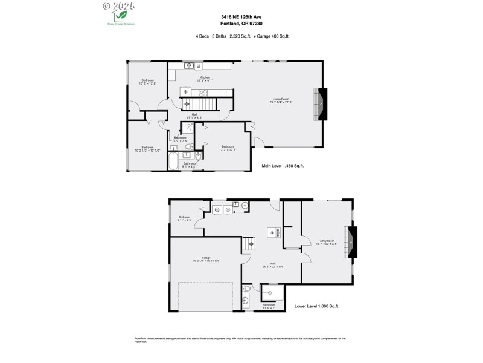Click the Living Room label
[281, 100]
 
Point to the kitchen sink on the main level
[189, 65]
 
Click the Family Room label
[327, 243]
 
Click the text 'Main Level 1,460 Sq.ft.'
[283, 165]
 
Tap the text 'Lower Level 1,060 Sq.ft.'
[316, 306]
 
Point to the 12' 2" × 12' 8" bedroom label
[228, 148]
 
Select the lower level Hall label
[272, 264]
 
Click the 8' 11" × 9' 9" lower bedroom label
[184, 218]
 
